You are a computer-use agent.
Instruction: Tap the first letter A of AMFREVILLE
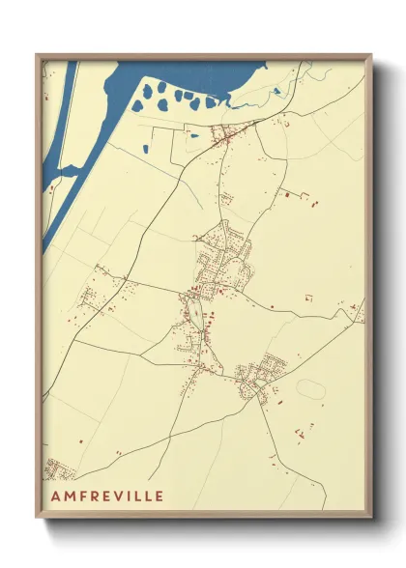pyautogui.click(x=51, y=497)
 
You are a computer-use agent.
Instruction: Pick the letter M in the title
pyautogui.click(x=64, y=497)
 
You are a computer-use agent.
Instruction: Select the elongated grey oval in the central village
pyautogui.click(x=194, y=312)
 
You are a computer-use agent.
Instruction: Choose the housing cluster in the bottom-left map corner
pyautogui.click(x=60, y=471)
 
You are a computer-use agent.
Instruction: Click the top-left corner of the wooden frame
pyautogui.click(x=37, y=55)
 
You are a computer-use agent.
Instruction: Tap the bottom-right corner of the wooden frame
pyautogui.click(x=371, y=518)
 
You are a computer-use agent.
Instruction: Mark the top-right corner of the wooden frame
pyautogui.click(x=371, y=55)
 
